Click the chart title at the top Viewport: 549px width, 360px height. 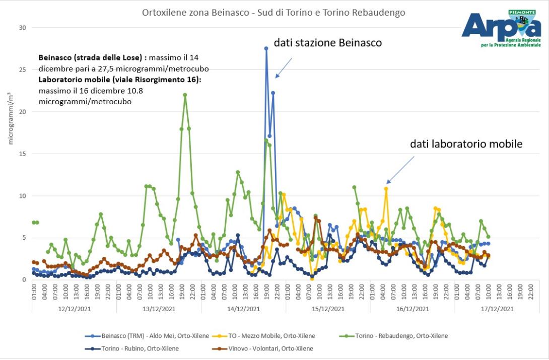(x=273, y=13)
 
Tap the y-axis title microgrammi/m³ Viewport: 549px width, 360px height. (x=11, y=118)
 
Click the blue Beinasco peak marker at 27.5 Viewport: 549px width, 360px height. (x=266, y=48)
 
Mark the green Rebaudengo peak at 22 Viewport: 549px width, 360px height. (x=185, y=95)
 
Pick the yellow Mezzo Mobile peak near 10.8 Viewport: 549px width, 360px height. (x=386, y=189)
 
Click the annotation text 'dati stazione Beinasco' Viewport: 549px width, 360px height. (x=327, y=43)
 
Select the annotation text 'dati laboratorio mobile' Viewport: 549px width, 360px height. (x=466, y=145)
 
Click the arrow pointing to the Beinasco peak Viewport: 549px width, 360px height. (x=284, y=68)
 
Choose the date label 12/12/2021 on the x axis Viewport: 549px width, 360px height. (x=74, y=309)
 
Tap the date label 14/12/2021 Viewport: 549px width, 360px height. (x=243, y=309)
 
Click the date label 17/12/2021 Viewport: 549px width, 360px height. (x=497, y=309)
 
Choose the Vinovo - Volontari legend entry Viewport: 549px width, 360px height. (x=264, y=348)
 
